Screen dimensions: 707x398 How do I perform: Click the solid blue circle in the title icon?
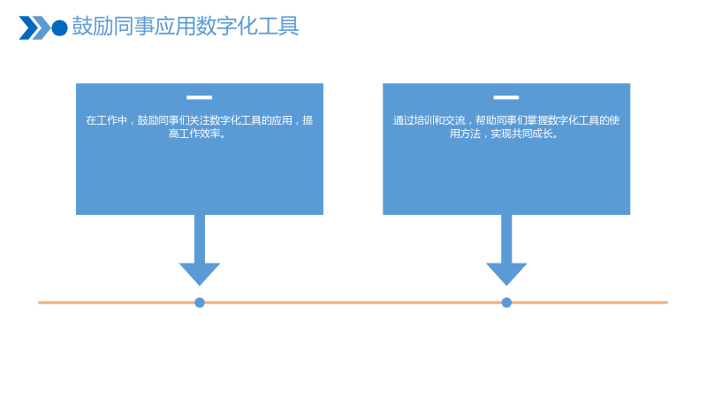(59, 28)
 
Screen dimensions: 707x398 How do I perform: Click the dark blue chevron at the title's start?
(28, 28)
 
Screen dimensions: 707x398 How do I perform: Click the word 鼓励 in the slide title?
(93, 27)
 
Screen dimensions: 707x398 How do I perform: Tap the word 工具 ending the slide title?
(278, 27)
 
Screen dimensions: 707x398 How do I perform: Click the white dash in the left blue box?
(200, 97)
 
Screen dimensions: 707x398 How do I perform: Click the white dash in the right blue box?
(506, 97)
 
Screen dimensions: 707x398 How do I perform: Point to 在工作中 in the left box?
(106, 120)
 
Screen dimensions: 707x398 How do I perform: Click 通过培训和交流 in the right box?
(430, 120)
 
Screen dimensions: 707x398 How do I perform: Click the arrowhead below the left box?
(200, 274)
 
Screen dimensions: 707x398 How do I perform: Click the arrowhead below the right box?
(506, 274)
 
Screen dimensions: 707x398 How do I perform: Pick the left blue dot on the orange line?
(200, 302)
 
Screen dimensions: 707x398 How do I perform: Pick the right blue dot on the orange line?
(506, 302)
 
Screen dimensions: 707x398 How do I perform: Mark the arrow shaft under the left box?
(200, 239)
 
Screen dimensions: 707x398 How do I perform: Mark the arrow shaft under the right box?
(506, 239)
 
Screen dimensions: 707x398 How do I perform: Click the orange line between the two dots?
(353, 302)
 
